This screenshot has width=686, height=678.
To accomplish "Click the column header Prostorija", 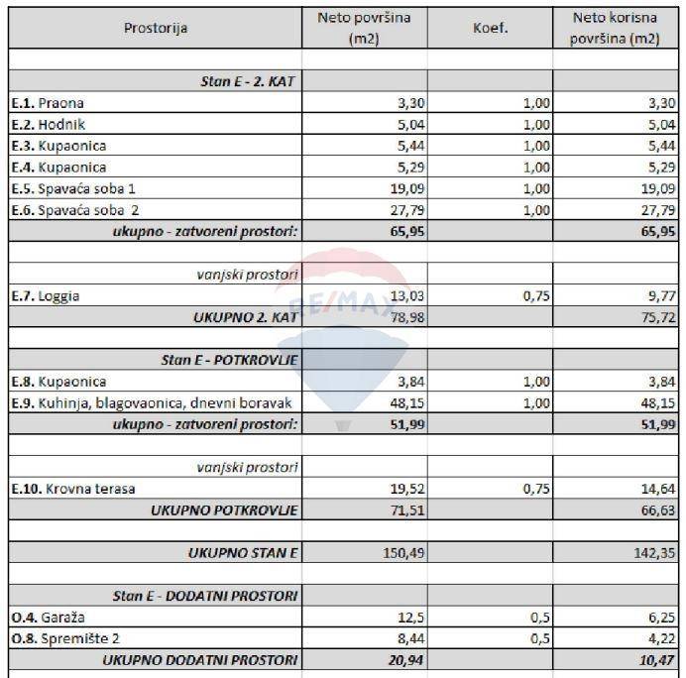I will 156,28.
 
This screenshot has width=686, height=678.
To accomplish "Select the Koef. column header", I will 490,28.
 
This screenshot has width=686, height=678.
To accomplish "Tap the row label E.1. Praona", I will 48,102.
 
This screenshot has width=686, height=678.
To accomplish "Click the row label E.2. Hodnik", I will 49,124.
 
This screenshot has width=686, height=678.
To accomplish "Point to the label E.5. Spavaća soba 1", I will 73,188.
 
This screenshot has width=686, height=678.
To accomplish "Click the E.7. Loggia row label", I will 46,295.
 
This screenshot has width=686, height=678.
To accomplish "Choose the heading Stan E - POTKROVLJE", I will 230,360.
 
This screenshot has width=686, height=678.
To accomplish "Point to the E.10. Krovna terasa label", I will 73,489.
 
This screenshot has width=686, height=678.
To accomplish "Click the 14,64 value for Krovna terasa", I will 657,489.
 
